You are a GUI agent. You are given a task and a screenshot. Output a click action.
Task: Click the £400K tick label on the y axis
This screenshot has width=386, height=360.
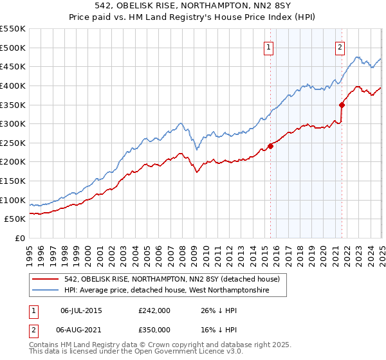pyautogui.click(x=13, y=85)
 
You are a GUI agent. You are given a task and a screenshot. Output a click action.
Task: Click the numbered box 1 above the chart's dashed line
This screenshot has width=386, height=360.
pyautogui.click(x=268, y=46)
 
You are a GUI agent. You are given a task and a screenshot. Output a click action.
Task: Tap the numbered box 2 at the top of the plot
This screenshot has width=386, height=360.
pyautogui.click(x=339, y=46)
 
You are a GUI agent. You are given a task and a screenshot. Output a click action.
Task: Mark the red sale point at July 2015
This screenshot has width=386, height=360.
pyautogui.click(x=270, y=146)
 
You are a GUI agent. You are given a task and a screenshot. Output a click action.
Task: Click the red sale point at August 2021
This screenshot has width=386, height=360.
pyautogui.click(x=342, y=105)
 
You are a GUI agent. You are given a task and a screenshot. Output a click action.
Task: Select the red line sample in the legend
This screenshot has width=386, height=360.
pyautogui.click(x=45, y=279)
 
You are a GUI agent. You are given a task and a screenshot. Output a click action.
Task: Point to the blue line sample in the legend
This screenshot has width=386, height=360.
pyautogui.click(x=45, y=291)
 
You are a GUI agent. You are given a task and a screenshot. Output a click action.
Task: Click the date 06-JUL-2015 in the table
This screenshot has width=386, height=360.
pyautogui.click(x=81, y=310)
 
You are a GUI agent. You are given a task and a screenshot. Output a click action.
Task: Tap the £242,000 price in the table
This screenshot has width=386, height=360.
pyautogui.click(x=155, y=310)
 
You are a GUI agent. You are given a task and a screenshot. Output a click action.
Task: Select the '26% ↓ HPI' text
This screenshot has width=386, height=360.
pyautogui.click(x=217, y=310)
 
